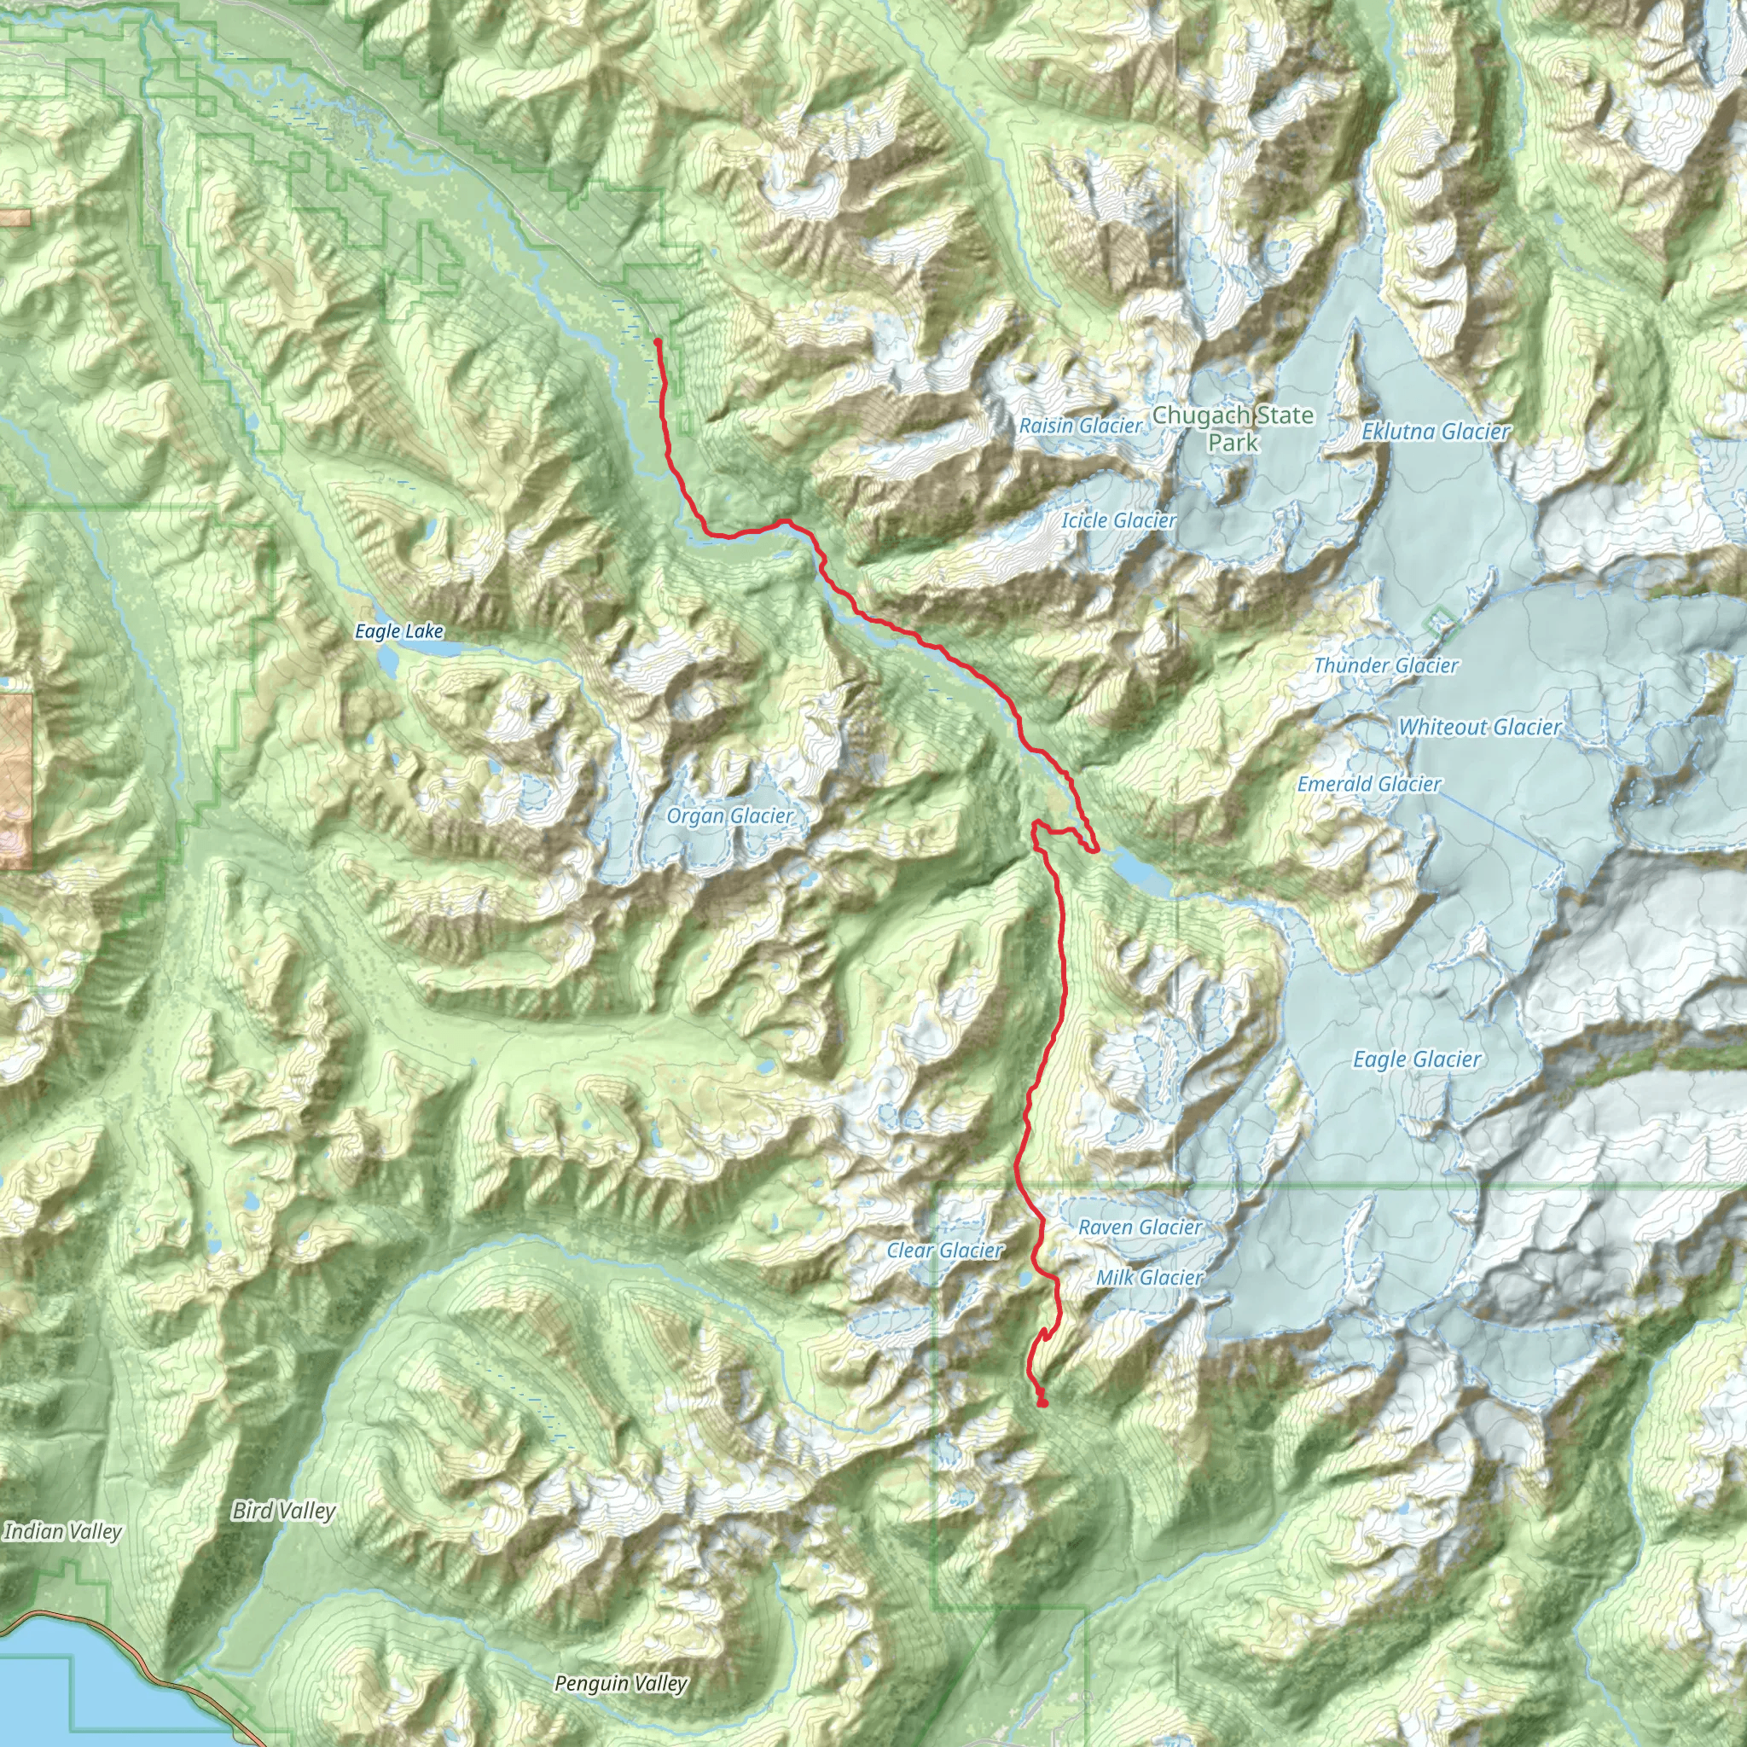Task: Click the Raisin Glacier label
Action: pyautogui.click(x=1081, y=425)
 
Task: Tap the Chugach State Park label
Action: pyautogui.click(x=1233, y=428)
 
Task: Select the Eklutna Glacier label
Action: pyautogui.click(x=1436, y=432)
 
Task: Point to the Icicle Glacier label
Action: pyautogui.click(x=1118, y=520)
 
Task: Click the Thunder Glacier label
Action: pyautogui.click(x=1385, y=665)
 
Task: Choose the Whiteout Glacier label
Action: pyautogui.click(x=1479, y=727)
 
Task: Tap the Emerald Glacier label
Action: pyautogui.click(x=1369, y=784)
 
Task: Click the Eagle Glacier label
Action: pyautogui.click(x=1417, y=1059)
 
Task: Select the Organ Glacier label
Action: pyautogui.click(x=729, y=815)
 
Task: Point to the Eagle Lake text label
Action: pyautogui.click(x=398, y=631)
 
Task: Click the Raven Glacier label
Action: pyautogui.click(x=1140, y=1227)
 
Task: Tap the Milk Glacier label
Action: pyautogui.click(x=1149, y=1278)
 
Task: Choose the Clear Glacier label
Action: pyautogui.click(x=944, y=1251)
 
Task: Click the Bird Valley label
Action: pyautogui.click(x=283, y=1511)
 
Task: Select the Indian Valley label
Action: pyautogui.click(x=62, y=1531)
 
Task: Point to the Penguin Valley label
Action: pyautogui.click(x=620, y=1684)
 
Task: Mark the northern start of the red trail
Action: pyautogui.click(x=657, y=341)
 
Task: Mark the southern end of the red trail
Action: pyautogui.click(x=1042, y=1403)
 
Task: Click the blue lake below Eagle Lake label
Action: pyautogui.click(x=388, y=661)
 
